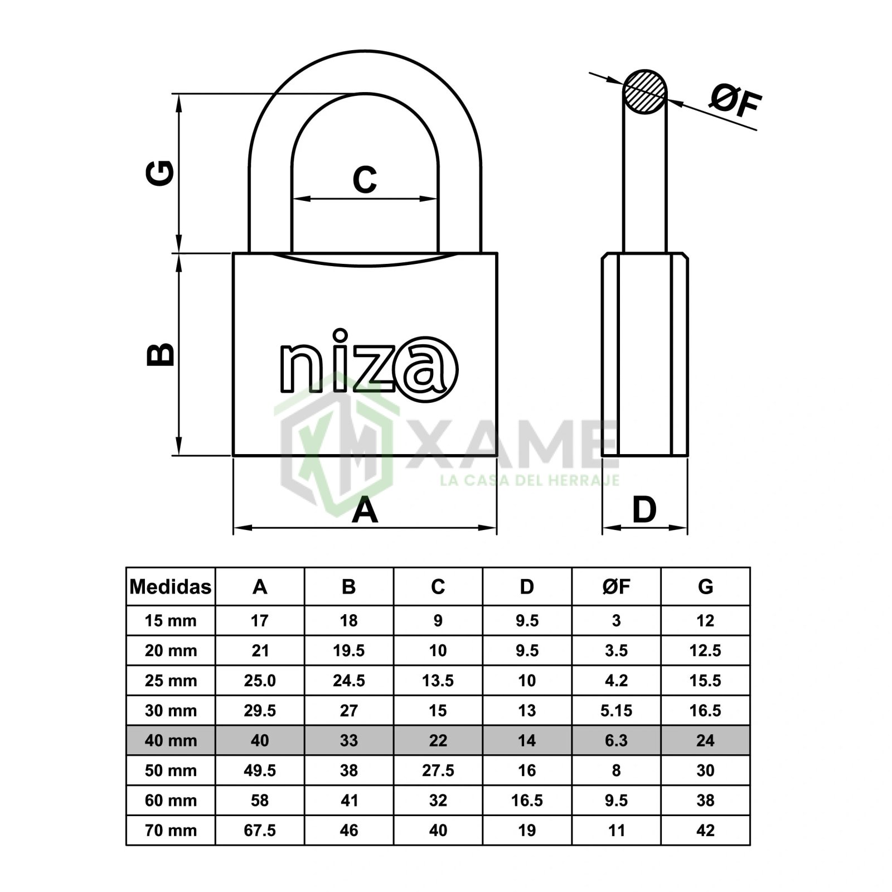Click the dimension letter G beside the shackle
[x=159, y=173]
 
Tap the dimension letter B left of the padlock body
[x=159, y=354]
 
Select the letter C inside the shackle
[x=365, y=180]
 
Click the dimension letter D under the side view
[x=644, y=510]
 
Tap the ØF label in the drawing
[x=735, y=103]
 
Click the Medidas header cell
[x=171, y=586]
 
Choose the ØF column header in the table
[x=616, y=586]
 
